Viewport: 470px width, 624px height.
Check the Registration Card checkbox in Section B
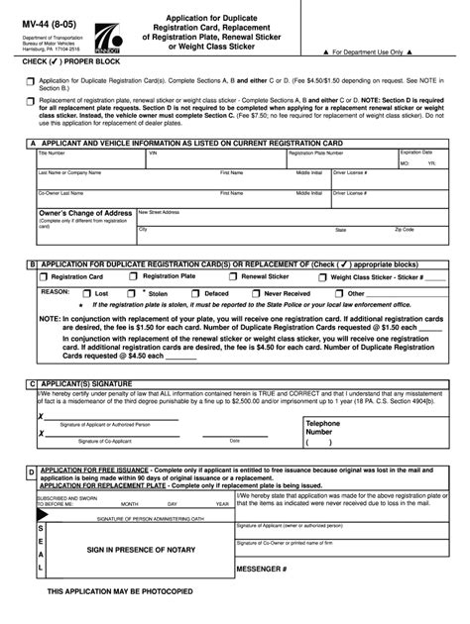click(44, 278)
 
